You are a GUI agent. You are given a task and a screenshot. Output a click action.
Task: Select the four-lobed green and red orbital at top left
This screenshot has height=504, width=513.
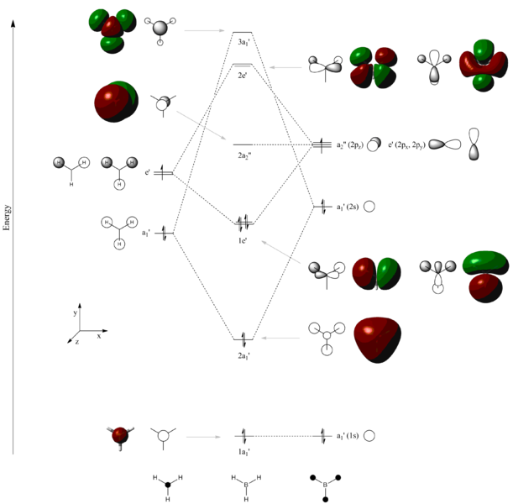click(x=111, y=31)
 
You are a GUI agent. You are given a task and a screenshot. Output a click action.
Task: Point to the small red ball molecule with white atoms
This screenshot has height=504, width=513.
click(x=118, y=436)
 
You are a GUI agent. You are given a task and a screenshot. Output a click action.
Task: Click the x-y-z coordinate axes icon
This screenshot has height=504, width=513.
click(x=80, y=329)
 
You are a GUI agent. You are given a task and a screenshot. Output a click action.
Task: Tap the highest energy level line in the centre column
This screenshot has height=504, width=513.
click(x=243, y=33)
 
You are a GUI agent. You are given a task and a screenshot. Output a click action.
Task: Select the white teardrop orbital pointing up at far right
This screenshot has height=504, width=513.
click(x=474, y=144)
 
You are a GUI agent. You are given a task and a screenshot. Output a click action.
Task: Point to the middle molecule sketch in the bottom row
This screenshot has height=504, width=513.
click(x=243, y=486)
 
